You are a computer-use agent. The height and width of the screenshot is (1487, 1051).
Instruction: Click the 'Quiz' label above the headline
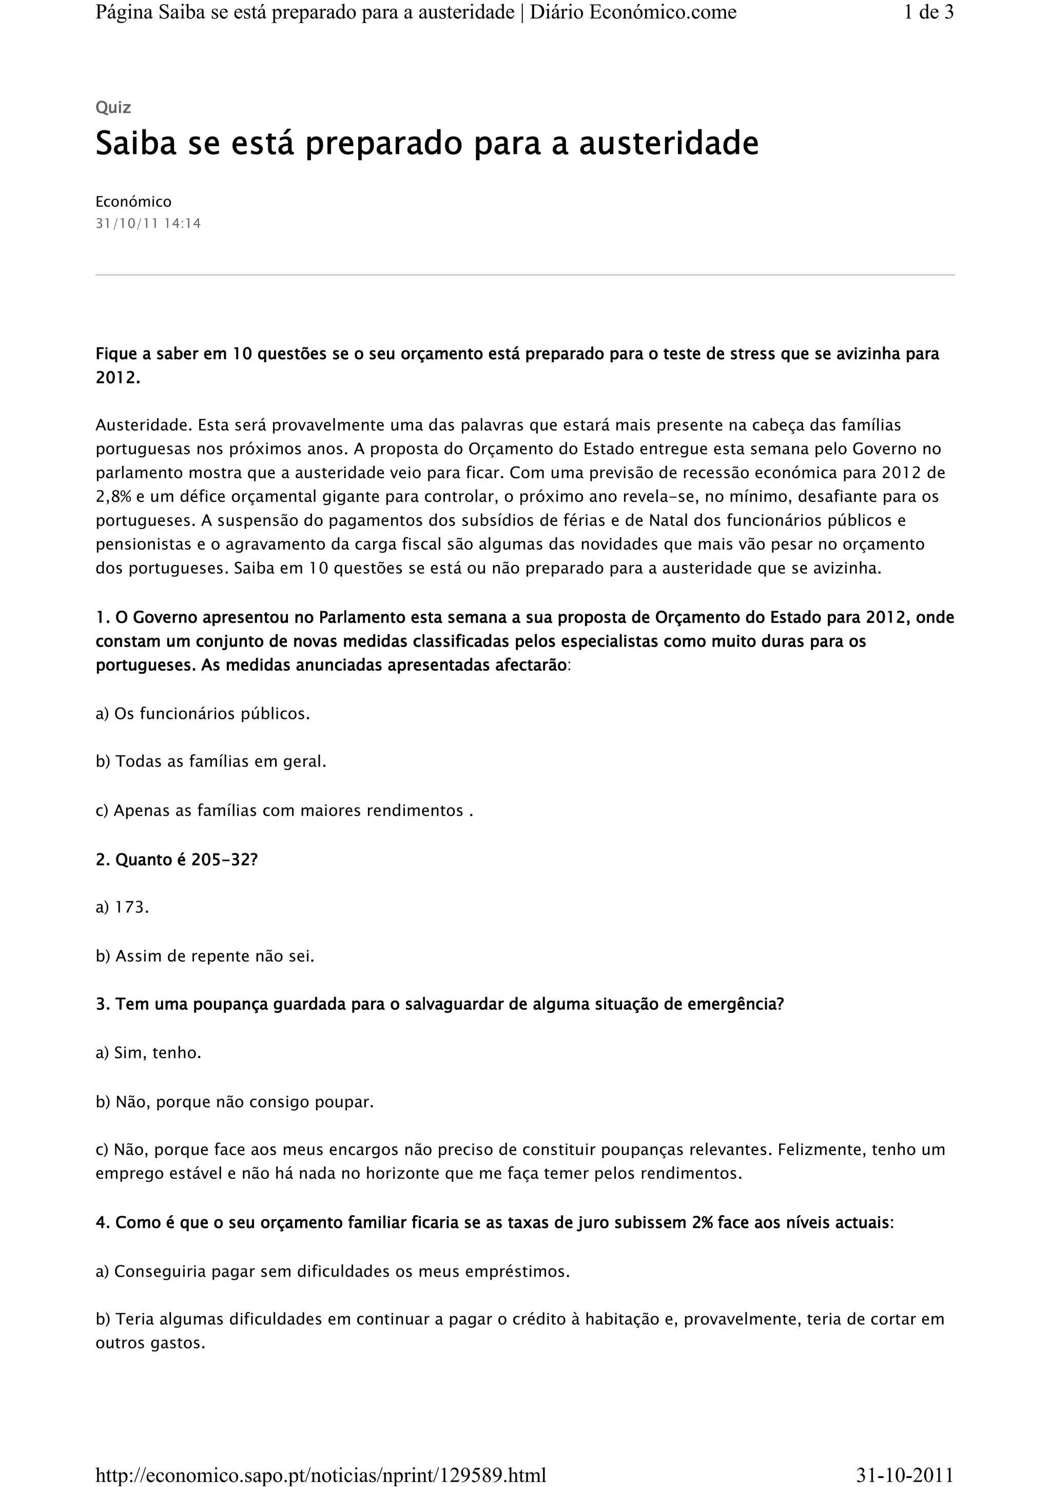tap(113, 108)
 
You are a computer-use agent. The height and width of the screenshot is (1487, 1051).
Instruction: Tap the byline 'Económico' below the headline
tap(133, 202)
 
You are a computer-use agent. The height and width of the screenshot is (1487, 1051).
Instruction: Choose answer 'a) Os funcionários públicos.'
tap(203, 714)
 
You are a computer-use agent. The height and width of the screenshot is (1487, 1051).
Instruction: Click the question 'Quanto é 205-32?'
tap(177, 860)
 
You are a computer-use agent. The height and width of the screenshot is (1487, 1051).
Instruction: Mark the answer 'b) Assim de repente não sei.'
tap(205, 956)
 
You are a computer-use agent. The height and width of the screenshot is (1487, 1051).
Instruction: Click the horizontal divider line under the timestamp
tap(524, 275)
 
